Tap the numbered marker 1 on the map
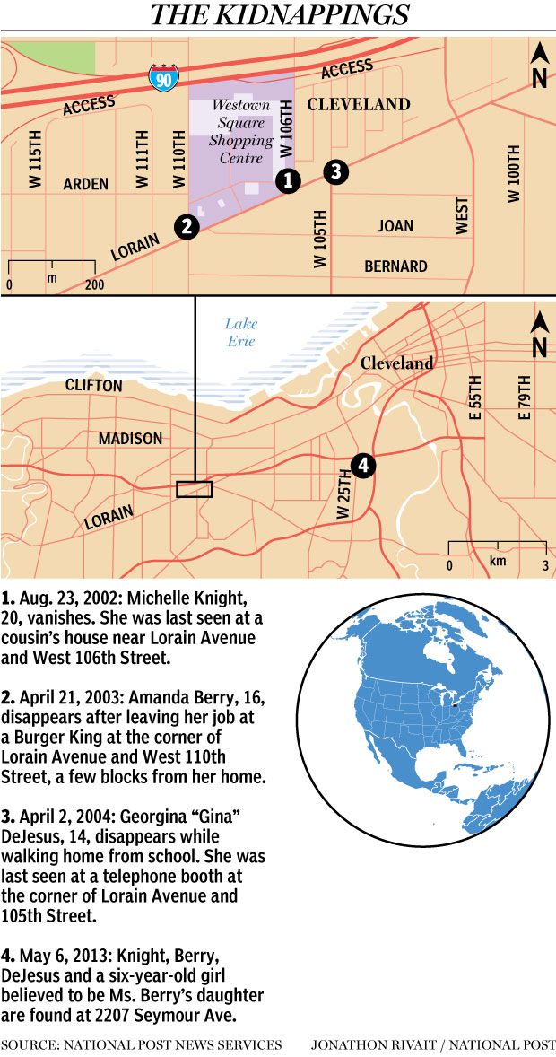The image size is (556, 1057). [287, 180]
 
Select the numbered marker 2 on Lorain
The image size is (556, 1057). [187, 226]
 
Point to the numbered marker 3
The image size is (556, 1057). [334, 171]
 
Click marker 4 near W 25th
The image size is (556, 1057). [361, 465]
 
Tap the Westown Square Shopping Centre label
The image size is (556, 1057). [240, 132]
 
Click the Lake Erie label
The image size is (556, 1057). [240, 332]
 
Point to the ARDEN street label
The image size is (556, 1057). [86, 184]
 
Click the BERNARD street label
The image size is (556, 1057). [395, 266]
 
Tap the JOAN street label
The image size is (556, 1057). [395, 225]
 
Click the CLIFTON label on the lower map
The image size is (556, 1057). [93, 385]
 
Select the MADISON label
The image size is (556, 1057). [131, 438]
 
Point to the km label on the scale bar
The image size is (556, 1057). [498, 560]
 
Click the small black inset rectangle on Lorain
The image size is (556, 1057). [195, 489]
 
